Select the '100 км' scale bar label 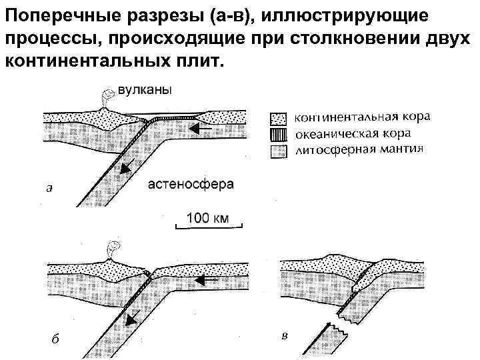coord(208,217)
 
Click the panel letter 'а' coord(49,188)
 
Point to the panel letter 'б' coord(55,339)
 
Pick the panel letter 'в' coord(285,335)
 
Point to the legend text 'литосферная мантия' coord(359,147)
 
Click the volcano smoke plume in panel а coord(106,97)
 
